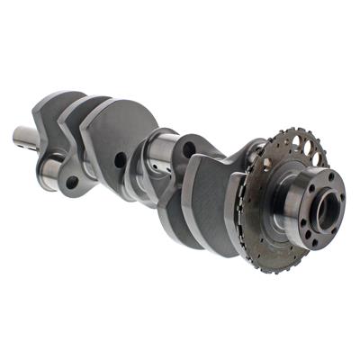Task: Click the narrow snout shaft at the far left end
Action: coord(25,138)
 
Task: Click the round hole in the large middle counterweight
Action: coord(120,160)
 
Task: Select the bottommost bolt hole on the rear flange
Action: coord(320,240)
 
